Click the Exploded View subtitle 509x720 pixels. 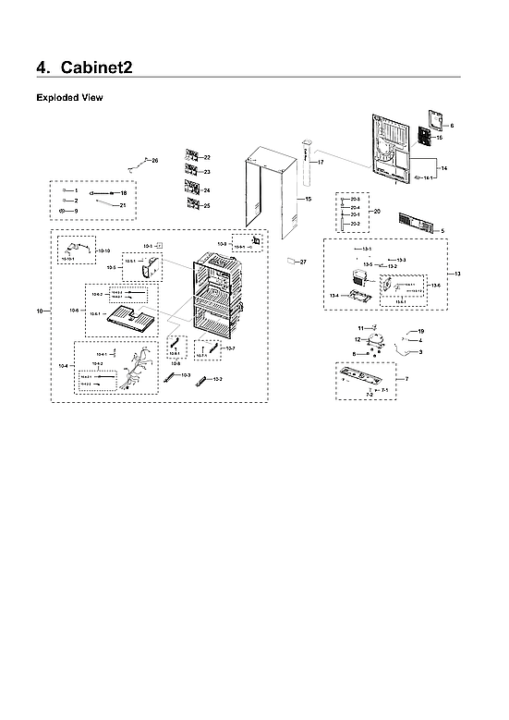point(69,97)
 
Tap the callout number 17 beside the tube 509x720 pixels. point(321,162)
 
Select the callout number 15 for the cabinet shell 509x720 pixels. point(308,199)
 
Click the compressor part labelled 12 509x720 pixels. point(377,342)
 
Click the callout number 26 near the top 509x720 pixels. point(154,161)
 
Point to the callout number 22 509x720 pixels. point(207,158)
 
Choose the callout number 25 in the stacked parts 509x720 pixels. point(207,205)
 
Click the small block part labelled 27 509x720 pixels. point(294,261)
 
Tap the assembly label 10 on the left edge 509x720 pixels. point(40,313)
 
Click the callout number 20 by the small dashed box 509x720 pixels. point(376,212)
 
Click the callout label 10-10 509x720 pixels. point(103,251)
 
